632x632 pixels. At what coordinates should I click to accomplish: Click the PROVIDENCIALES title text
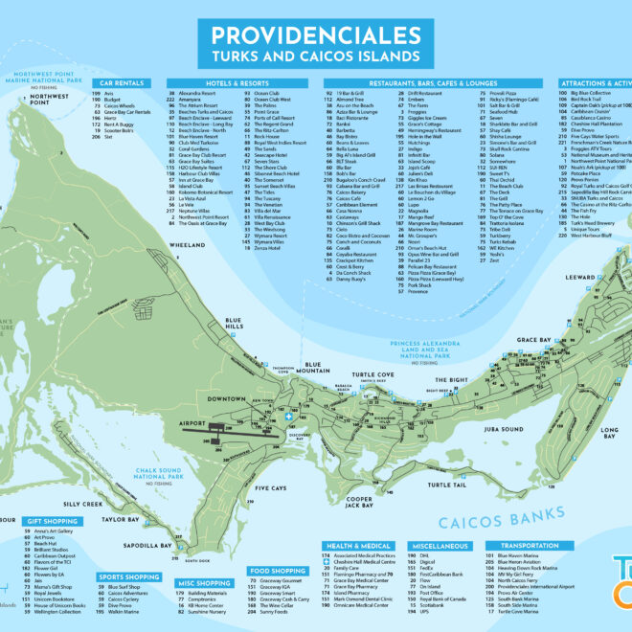pos(316,36)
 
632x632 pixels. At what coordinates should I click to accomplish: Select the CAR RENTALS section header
pos(122,83)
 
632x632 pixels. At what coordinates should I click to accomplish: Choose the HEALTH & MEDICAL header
pos(364,545)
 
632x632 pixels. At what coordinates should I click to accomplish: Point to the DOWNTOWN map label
pos(228,398)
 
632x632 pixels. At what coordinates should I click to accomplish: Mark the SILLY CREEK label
pos(83,503)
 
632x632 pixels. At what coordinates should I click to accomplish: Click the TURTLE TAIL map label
pos(446,485)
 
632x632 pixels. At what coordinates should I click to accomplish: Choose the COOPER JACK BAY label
pos(359,503)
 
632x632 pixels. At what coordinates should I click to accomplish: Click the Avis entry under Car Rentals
pos(109,93)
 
